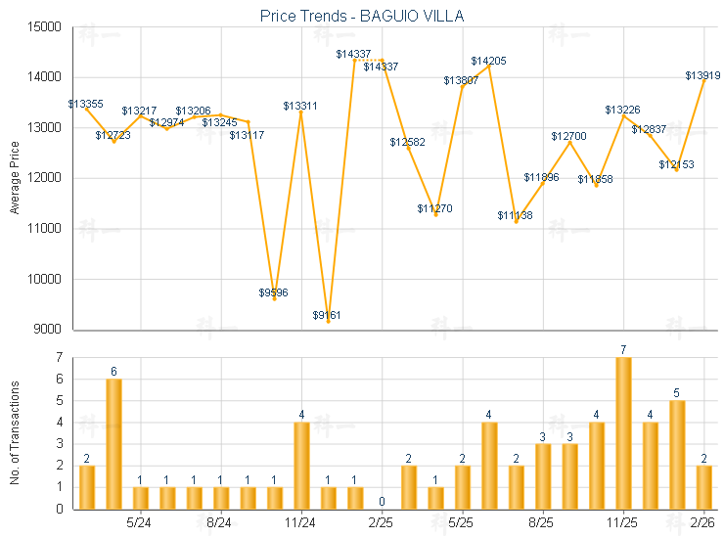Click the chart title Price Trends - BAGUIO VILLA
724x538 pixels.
(362, 16)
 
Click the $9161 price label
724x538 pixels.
(327, 315)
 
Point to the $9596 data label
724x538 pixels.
(273, 292)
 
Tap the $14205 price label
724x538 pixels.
(488, 62)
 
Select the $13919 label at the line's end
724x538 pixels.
(702, 75)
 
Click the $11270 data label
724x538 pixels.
(434, 208)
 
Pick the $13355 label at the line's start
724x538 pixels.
(86, 103)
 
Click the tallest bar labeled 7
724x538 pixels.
(623, 432)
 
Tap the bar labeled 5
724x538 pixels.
(677, 454)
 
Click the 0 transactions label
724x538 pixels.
(382, 501)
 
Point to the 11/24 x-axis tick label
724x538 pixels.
(300, 523)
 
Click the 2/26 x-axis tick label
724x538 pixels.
(703, 523)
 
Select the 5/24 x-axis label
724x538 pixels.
(140, 523)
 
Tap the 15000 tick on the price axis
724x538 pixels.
(46, 26)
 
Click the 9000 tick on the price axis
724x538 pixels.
(49, 330)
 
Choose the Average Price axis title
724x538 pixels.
(15, 178)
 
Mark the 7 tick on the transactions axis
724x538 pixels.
(59, 358)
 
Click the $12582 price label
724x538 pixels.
(407, 143)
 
